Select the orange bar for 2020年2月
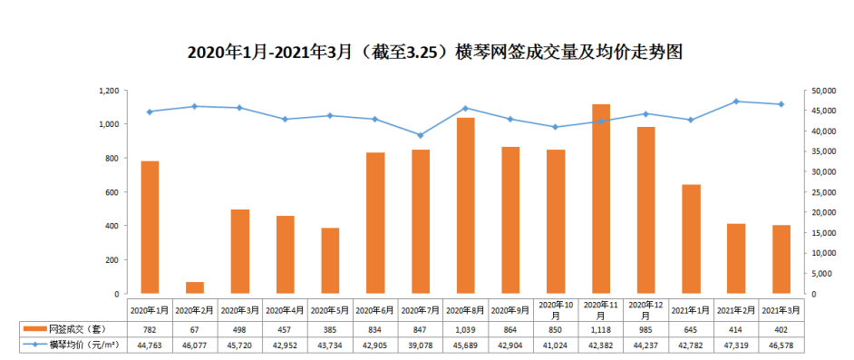pos(195,287)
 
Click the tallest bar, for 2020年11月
pos(600,199)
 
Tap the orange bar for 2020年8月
pos(465,206)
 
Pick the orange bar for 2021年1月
pos(691,239)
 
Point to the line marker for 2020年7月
pos(420,135)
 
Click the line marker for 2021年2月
pos(736,102)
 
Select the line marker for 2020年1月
pos(150,112)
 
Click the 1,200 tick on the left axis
pos(109,91)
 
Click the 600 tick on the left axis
pos(113,192)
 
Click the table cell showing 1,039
pos(465,327)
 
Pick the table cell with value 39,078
pos(420,345)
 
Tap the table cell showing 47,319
pos(736,345)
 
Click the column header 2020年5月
pos(330,309)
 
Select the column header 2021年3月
pos(781,309)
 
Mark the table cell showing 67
pos(195,327)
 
